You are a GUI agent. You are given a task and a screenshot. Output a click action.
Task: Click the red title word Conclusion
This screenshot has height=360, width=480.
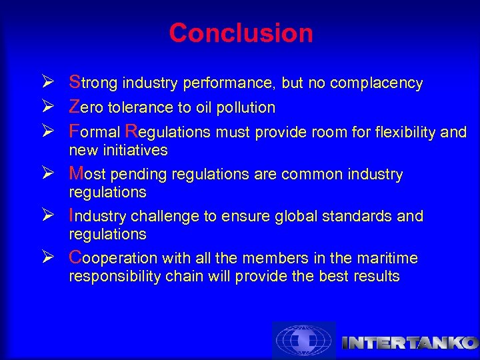point(241,33)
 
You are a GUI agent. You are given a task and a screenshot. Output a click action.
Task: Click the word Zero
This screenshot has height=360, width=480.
point(86,107)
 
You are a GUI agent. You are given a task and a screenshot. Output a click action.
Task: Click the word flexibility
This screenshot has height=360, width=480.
point(404,132)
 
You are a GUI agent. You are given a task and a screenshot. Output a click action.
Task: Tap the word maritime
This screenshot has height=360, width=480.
point(387,258)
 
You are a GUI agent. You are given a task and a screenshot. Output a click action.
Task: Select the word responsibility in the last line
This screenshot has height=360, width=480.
point(107,277)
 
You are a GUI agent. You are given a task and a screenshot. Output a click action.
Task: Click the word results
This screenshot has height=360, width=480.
point(376,276)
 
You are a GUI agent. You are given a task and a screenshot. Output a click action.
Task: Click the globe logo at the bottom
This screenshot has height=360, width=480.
point(304,341)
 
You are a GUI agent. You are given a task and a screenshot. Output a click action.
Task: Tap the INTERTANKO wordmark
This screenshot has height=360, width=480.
point(409,343)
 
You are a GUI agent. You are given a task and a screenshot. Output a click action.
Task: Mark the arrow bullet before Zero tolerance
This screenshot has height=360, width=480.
point(55,107)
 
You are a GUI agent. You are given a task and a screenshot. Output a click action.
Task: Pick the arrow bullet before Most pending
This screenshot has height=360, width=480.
point(55,175)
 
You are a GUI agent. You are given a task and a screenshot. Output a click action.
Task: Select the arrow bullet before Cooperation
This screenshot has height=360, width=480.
point(55,258)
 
